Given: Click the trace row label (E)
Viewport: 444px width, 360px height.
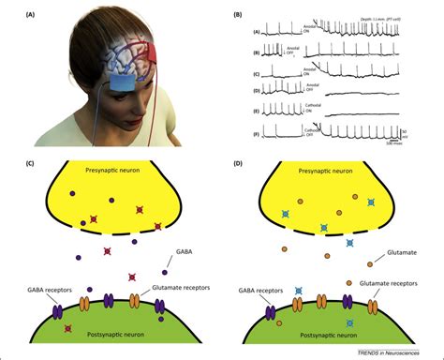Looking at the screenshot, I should pyautogui.click(x=256, y=109).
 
